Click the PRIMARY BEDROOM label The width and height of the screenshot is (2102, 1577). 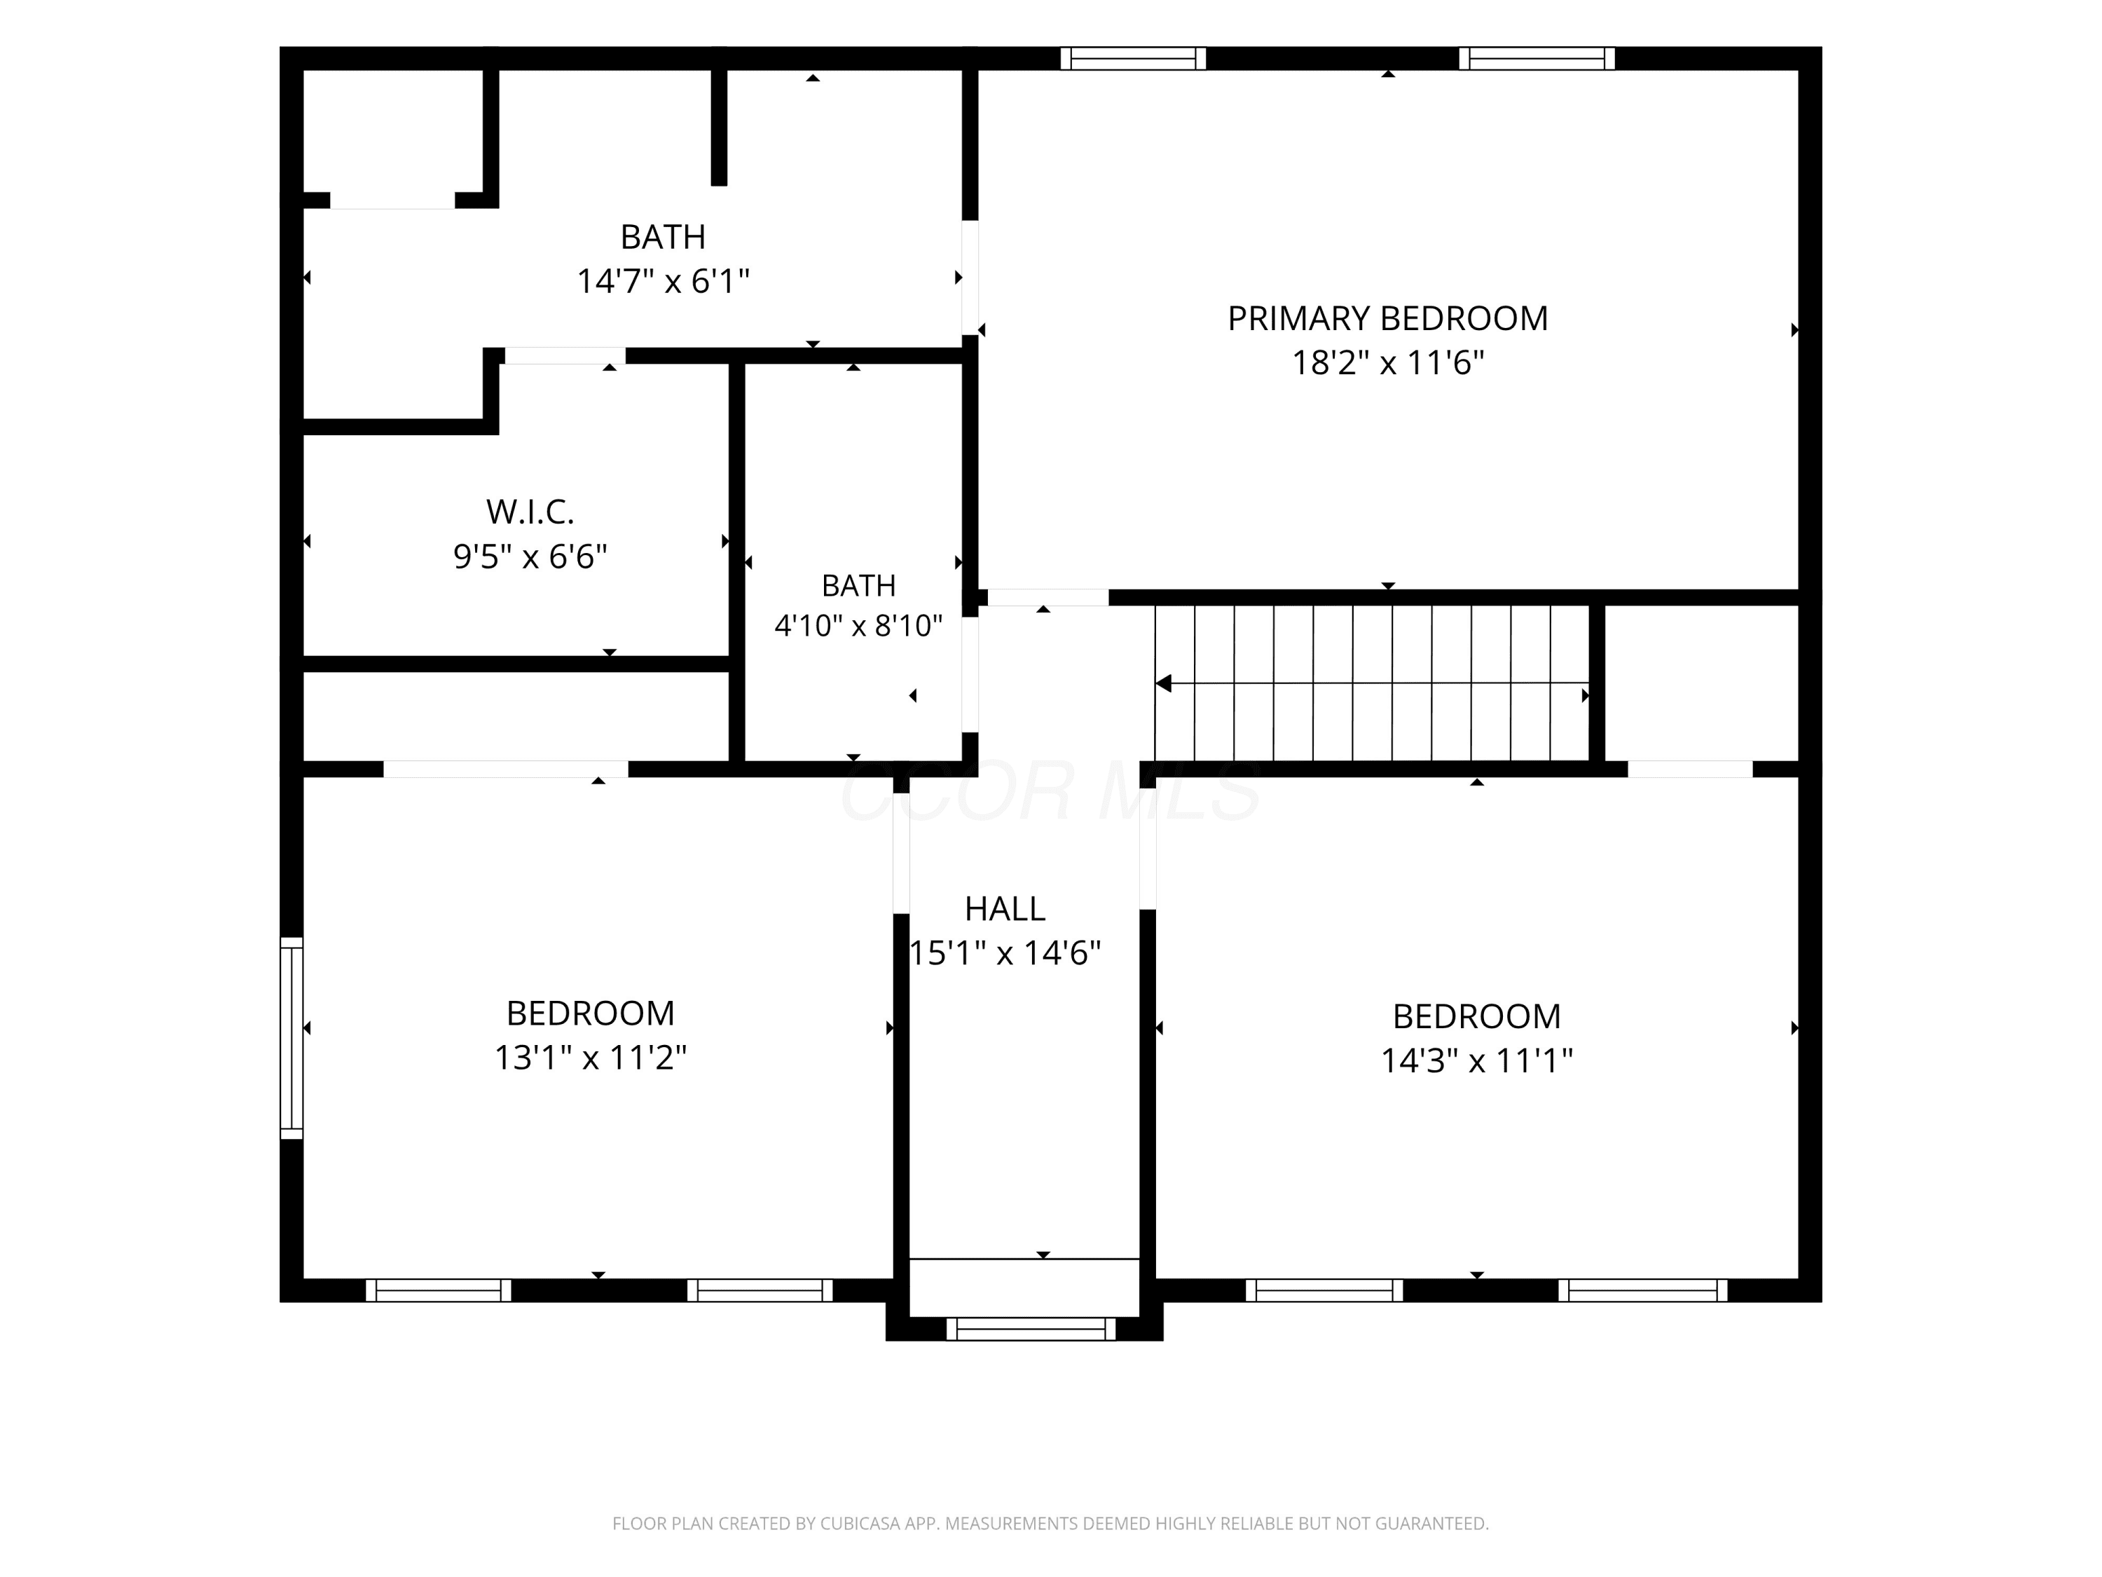tap(1387, 318)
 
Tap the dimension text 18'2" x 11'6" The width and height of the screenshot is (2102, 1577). tap(1387, 363)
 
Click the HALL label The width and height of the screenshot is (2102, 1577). tap(1005, 910)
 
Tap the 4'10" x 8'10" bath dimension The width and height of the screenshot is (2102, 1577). tap(858, 625)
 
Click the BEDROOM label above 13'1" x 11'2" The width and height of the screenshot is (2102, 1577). tap(590, 1013)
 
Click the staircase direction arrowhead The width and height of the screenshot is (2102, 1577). tap(1163, 683)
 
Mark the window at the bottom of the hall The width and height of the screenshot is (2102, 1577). tap(1031, 1328)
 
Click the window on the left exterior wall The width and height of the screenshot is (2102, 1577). tap(291, 1038)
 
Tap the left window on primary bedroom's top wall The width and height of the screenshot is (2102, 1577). tap(1133, 59)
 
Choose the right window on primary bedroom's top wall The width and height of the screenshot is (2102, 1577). tap(1537, 59)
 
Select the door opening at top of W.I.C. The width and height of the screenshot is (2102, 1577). tap(565, 355)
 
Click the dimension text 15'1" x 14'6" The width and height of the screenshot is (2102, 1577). tap(1005, 953)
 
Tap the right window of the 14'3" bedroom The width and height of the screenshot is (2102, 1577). tap(1643, 1290)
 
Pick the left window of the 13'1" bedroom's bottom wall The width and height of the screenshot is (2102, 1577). tap(438, 1290)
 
